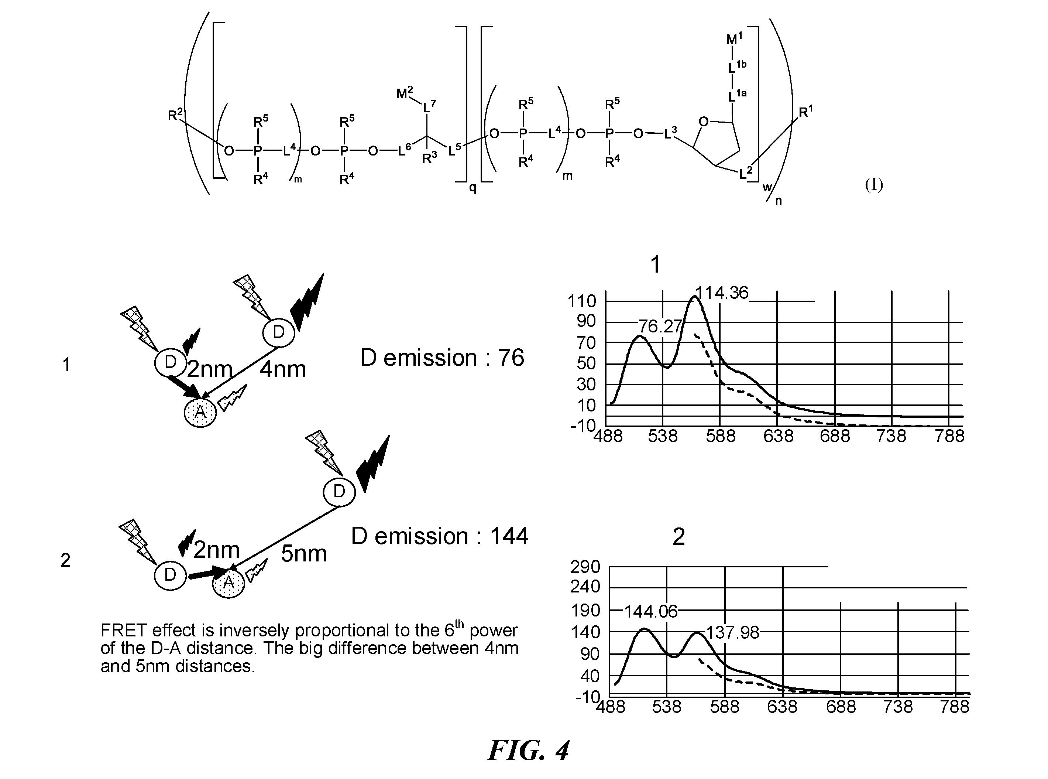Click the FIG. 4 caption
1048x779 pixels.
(x=528, y=750)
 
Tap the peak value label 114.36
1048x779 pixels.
(x=722, y=293)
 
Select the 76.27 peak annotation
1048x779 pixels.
(x=660, y=326)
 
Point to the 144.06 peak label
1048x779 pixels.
(x=651, y=612)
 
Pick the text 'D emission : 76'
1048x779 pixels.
(x=442, y=358)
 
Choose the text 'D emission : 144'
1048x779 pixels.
(x=440, y=536)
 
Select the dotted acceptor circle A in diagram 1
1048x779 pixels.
(x=200, y=412)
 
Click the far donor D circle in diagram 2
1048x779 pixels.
(x=339, y=491)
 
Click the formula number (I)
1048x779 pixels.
(x=874, y=185)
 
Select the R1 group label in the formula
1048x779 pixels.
(x=805, y=112)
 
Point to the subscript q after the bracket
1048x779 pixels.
(x=473, y=188)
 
